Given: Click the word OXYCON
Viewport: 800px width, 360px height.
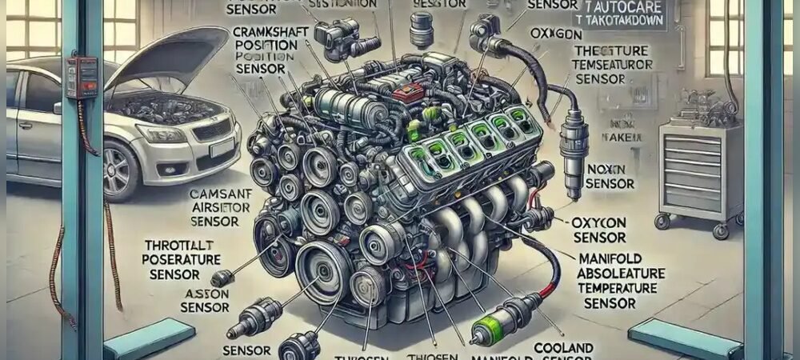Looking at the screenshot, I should [599, 222].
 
